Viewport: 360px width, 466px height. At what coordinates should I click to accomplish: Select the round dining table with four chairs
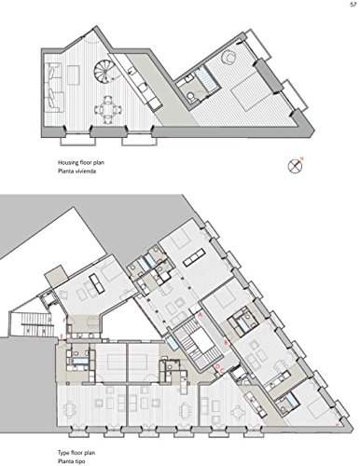107,109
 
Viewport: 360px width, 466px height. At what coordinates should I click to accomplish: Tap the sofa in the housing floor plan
53,87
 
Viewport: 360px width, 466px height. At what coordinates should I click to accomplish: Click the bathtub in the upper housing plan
205,78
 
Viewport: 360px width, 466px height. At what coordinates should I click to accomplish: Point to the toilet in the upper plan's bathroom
191,97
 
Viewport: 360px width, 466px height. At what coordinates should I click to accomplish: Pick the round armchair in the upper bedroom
229,57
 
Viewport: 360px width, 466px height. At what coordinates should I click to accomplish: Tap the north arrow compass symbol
296,165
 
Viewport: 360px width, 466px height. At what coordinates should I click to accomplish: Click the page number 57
353,5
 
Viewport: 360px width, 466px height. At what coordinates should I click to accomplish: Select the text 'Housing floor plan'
81,162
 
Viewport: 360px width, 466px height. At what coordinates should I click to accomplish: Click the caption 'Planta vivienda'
76,171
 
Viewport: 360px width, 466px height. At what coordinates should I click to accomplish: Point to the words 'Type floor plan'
76,453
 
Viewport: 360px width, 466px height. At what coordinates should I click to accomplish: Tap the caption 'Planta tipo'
71,461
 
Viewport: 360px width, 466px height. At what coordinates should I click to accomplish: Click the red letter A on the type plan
201,315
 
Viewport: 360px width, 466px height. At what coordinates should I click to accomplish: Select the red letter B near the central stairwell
227,343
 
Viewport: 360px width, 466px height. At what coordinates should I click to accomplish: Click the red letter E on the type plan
62,336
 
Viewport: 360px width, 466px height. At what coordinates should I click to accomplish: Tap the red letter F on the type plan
64,319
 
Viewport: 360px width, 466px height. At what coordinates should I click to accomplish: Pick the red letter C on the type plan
222,371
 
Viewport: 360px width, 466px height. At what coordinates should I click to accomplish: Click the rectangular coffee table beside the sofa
74,75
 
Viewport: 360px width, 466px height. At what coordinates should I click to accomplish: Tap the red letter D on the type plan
217,366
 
